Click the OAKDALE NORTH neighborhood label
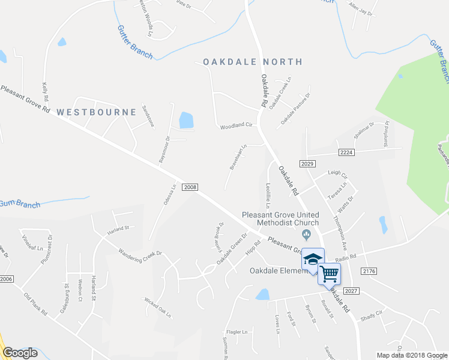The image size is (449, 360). pyautogui.click(x=252, y=62)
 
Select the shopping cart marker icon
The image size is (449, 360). pyautogui.click(x=329, y=274)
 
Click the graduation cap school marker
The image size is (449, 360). pyautogui.click(x=312, y=259)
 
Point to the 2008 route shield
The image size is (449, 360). pyautogui.click(x=188, y=187)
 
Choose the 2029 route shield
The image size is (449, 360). pyautogui.click(x=307, y=164)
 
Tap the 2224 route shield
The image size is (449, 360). pyautogui.click(x=345, y=153)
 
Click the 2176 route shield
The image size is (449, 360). pyautogui.click(x=370, y=272)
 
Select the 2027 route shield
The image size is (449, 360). pyautogui.click(x=351, y=291)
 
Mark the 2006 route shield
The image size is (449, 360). pyautogui.click(x=7, y=279)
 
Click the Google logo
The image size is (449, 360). pyautogui.click(x=20, y=353)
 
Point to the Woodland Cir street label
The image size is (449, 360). pyautogui.click(x=238, y=126)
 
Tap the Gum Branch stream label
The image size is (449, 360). pyautogui.click(x=19, y=205)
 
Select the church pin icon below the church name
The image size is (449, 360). pyautogui.click(x=307, y=234)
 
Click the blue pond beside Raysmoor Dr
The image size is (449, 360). pyautogui.click(x=186, y=120)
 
